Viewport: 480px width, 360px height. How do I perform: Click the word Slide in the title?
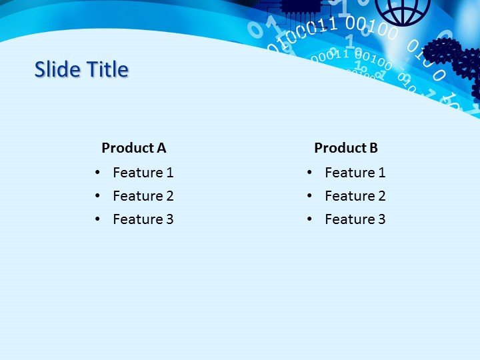(56, 69)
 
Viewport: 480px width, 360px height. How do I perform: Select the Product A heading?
(133, 148)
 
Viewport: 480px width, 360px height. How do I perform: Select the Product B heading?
(346, 148)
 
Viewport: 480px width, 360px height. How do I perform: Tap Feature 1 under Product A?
(143, 173)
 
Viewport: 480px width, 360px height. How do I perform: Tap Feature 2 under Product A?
(143, 196)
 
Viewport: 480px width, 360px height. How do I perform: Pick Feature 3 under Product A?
(143, 219)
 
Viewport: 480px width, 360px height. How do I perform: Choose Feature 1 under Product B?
(355, 173)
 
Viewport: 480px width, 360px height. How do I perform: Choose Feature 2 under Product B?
(355, 196)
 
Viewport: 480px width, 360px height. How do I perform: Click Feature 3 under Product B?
(355, 219)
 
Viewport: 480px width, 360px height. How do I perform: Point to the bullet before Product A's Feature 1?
(98, 173)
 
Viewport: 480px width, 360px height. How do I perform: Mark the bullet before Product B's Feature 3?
(310, 219)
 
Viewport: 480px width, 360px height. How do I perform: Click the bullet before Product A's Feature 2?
(98, 196)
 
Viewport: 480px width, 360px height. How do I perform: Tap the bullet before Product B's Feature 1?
(310, 173)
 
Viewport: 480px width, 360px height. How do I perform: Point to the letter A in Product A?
(161, 148)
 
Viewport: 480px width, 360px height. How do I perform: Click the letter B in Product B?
(373, 148)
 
